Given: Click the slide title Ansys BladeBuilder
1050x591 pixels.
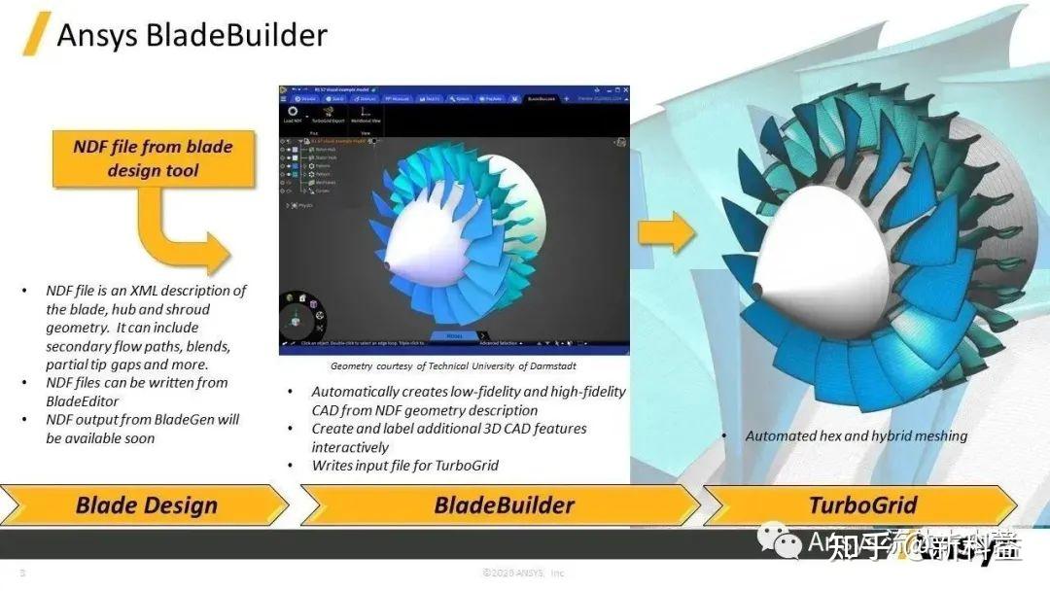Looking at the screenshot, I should pos(192,35).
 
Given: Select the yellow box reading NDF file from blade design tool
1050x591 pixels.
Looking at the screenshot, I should pos(153,158).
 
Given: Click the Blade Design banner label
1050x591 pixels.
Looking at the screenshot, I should pos(147,505).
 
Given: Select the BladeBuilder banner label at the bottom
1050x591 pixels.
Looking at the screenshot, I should pos(504,505).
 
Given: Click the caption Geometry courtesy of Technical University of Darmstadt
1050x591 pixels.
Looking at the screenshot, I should pos(453,366).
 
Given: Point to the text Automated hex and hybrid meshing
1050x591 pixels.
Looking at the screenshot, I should pos(856,435).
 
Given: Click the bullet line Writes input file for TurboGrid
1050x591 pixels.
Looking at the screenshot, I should pos(404,466).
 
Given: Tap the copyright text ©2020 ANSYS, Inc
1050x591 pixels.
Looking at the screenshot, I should pos(523,574).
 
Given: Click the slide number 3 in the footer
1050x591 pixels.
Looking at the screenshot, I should pos(22,574).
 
